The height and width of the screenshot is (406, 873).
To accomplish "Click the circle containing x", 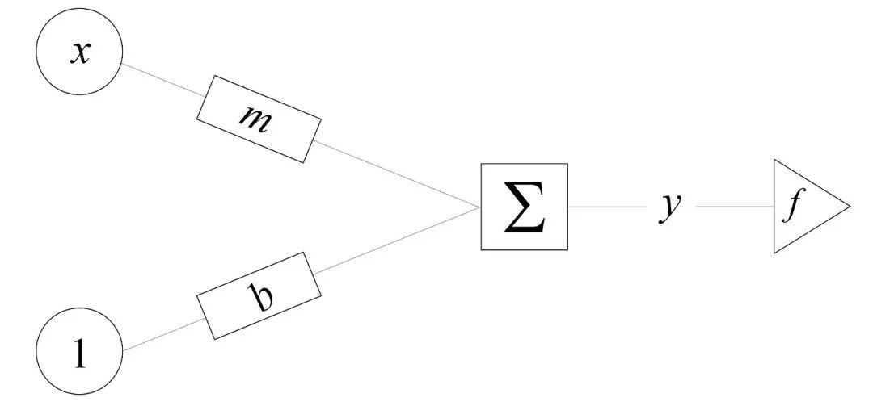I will pos(78,54).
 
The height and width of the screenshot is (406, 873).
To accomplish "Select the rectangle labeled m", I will pos(259,119).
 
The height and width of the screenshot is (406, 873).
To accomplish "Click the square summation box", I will pos(525,207).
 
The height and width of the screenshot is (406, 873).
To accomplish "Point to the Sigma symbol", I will pos(525,207).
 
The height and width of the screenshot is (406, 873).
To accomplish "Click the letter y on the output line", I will pos(670,207).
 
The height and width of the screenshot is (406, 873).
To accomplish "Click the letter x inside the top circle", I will pos(78,55).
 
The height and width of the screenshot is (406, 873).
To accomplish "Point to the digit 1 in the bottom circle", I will pos(79,354).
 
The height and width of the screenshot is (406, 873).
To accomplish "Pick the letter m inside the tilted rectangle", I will pos(258,118).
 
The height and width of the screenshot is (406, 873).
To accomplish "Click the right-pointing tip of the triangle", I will pos(848,207).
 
